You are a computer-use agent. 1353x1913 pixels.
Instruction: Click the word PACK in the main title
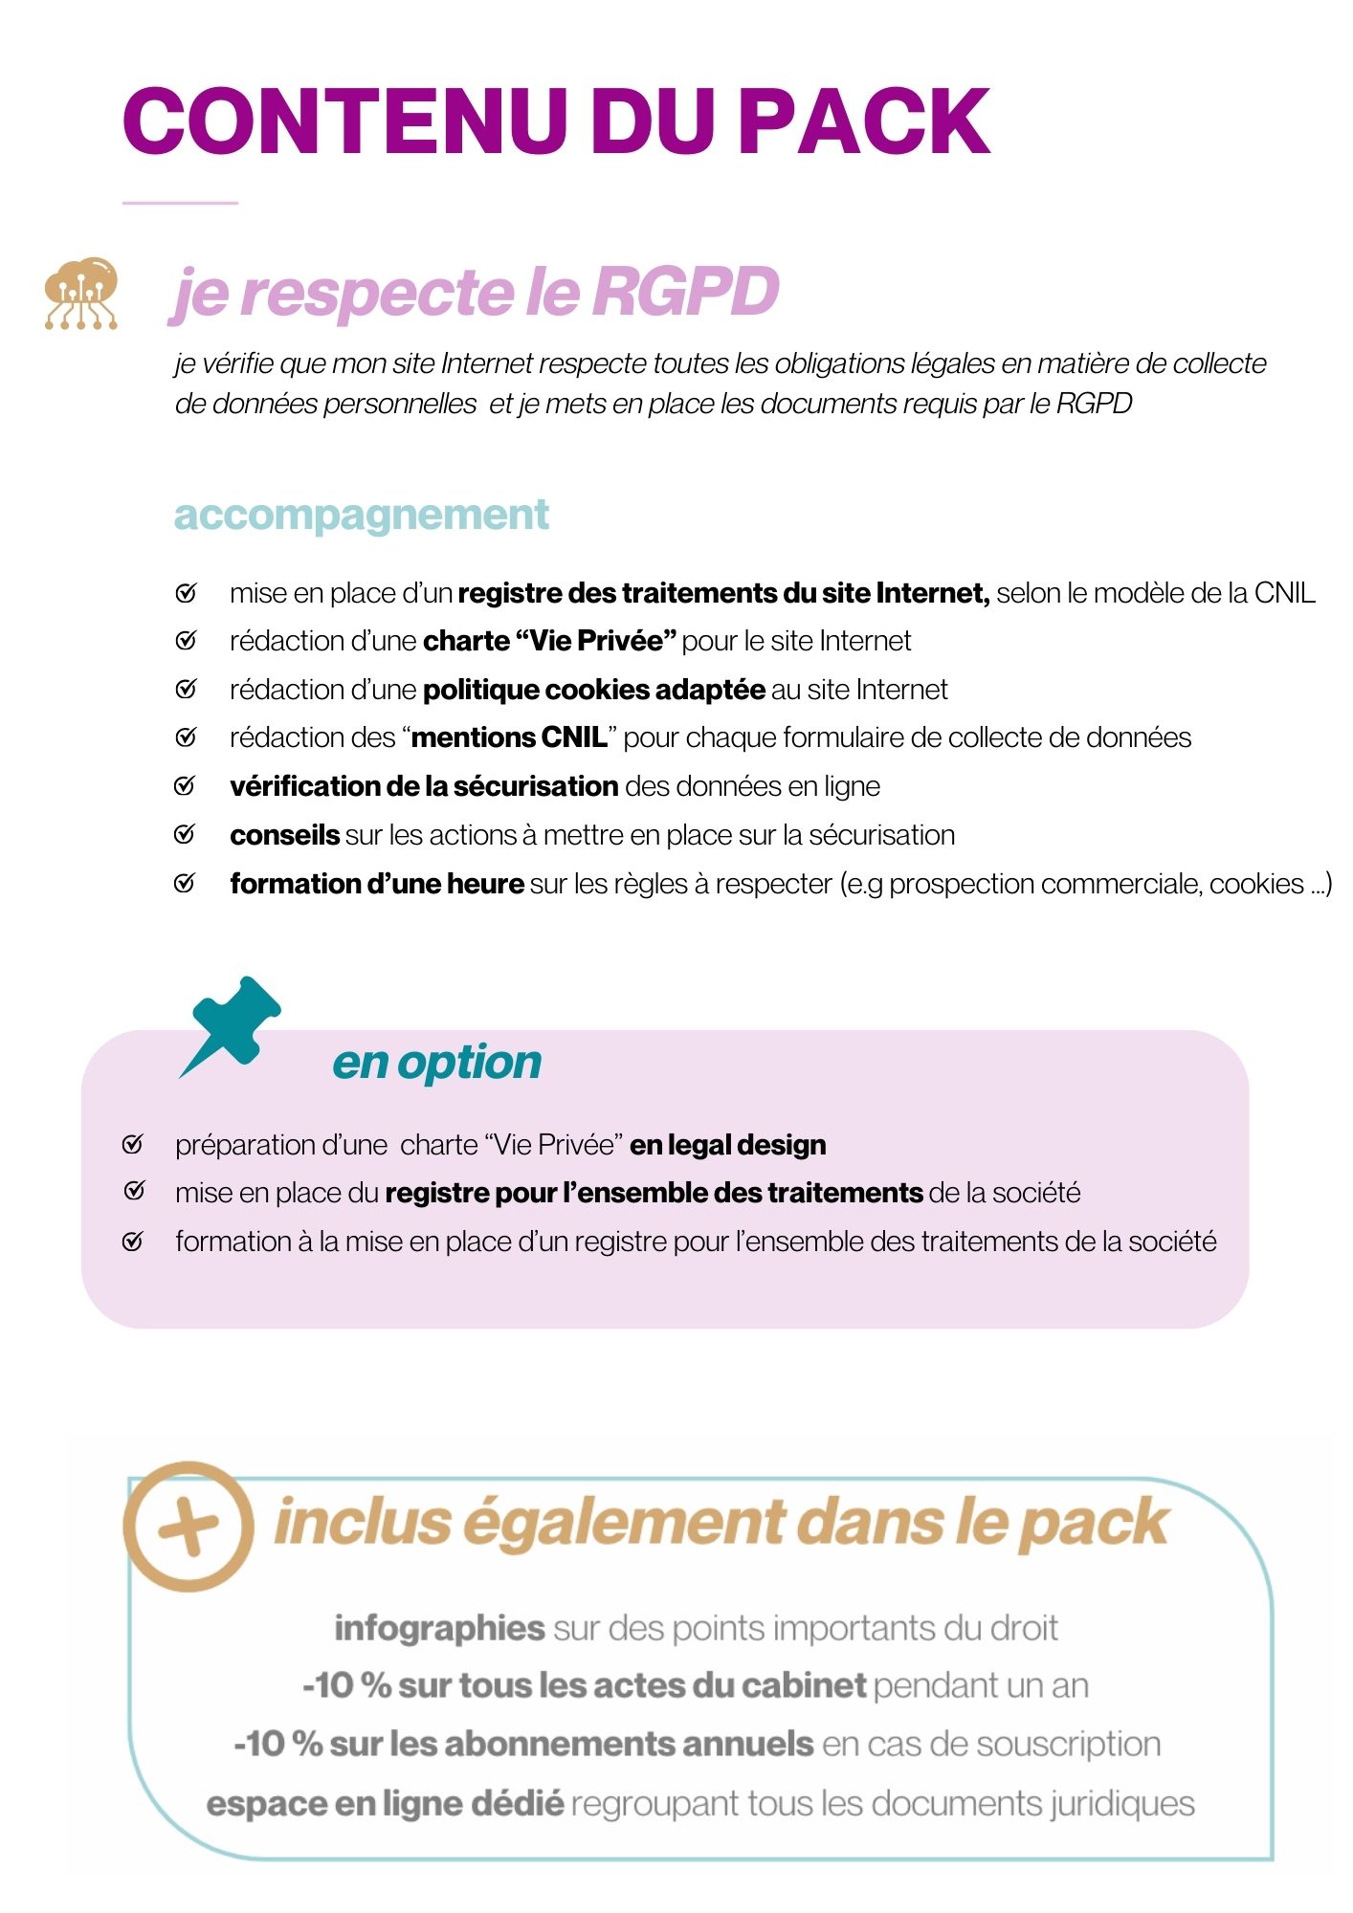coord(865,121)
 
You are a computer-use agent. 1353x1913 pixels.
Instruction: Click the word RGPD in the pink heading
coord(685,291)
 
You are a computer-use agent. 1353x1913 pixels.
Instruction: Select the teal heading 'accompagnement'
coord(361,515)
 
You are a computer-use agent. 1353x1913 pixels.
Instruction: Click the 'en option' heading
coord(436,1063)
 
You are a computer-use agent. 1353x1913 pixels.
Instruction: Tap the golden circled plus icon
coord(189,1526)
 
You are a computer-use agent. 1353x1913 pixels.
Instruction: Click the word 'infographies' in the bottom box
coord(439,1627)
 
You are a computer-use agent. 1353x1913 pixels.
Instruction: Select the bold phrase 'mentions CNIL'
coord(509,737)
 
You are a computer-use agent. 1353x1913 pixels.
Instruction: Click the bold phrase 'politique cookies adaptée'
coord(593,690)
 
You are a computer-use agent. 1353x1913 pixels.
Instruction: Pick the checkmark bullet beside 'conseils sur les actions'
coord(185,835)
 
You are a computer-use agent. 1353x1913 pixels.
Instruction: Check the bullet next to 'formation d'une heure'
coord(185,884)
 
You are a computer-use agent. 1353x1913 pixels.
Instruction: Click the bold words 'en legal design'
coord(727,1145)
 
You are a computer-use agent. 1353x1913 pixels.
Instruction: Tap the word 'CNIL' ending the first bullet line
coord(1284,593)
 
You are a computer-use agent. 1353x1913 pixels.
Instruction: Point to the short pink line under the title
coord(180,203)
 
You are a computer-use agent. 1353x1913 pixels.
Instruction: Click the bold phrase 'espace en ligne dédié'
coord(385,1803)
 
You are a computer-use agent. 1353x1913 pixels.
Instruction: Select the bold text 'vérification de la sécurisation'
coord(424,786)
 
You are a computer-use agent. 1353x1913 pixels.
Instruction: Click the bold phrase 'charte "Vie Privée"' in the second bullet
coord(549,641)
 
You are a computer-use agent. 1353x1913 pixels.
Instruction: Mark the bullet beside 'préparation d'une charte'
coord(133,1145)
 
